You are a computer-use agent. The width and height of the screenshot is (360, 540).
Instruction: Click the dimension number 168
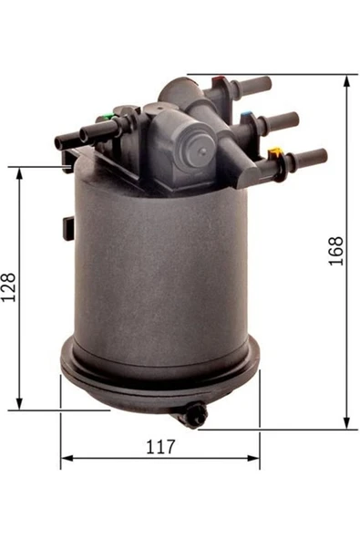click(336, 251)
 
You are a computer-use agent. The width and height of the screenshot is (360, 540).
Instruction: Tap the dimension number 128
click(8, 287)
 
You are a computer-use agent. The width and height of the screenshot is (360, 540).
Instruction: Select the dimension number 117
click(160, 447)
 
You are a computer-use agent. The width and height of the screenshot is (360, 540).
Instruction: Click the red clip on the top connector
click(217, 80)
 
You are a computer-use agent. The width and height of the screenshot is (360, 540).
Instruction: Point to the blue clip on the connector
click(245, 115)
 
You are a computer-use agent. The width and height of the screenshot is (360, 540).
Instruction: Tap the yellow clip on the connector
click(274, 151)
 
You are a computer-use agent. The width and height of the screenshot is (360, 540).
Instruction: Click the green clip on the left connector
click(108, 116)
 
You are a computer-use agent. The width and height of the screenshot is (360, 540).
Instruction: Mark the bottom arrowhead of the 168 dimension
click(347, 423)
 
